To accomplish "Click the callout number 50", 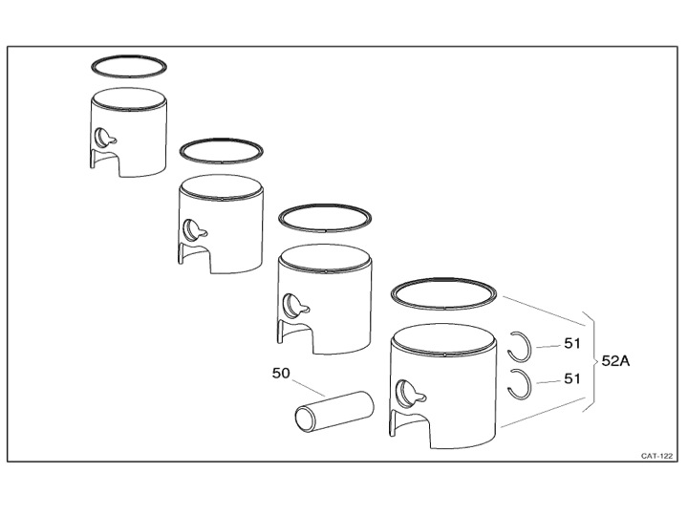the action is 281,373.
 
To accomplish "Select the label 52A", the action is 615,361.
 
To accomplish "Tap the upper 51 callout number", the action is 571,344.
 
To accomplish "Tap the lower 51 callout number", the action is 571,378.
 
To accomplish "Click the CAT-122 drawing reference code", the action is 656,456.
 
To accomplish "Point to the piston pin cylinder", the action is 334,411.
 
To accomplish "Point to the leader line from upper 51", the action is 548,346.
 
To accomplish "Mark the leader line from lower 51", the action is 548,382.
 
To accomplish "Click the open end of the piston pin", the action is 306,419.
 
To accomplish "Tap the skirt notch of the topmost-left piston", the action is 106,162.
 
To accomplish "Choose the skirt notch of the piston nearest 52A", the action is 410,428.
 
